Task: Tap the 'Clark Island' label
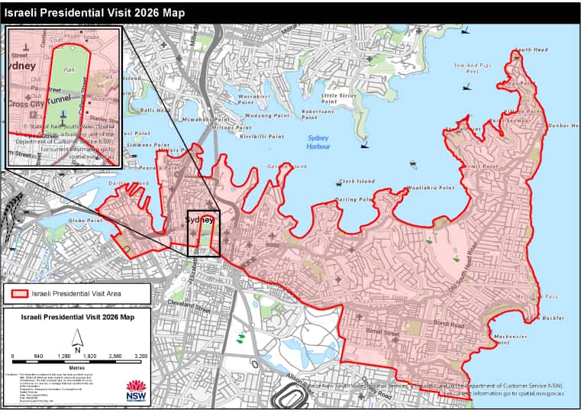(356, 182)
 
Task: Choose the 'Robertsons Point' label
(318, 115)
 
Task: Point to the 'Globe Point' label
(86, 220)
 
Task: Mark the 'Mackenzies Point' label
(513, 339)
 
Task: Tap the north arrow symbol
(77, 337)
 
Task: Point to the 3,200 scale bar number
(140, 357)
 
